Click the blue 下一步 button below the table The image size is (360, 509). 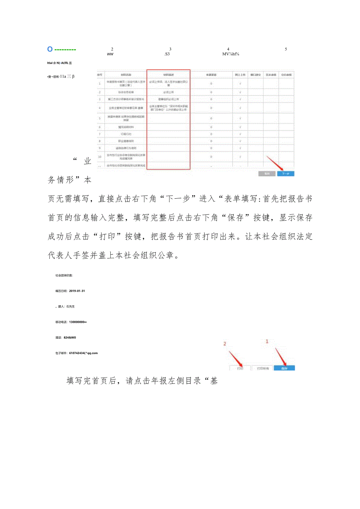coord(286,174)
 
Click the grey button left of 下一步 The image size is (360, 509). coord(266,174)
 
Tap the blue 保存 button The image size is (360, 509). coord(284,368)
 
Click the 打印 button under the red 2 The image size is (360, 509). coord(240,368)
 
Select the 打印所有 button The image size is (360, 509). coord(263,368)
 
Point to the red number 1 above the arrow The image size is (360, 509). coord(267,341)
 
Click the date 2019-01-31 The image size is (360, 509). coord(77,291)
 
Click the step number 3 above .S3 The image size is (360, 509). coord(170,49)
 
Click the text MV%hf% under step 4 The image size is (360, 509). coord(231,54)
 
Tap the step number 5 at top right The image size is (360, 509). coord(286,49)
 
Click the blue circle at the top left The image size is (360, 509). coord(50,49)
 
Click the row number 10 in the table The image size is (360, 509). coord(100,156)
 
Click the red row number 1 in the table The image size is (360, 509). coord(100,83)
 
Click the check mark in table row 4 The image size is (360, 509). coord(240,108)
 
